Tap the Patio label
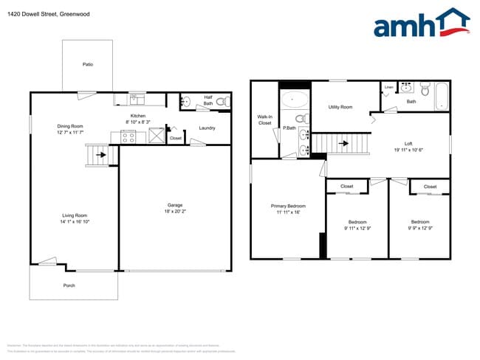pyautogui.click(x=87, y=65)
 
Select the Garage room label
pyautogui.click(x=175, y=205)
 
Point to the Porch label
pyautogui.click(x=69, y=285)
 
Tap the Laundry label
pyautogui.click(x=208, y=128)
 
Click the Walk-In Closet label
pyautogui.click(x=264, y=120)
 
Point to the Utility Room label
pyautogui.click(x=340, y=108)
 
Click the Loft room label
pyautogui.click(x=408, y=143)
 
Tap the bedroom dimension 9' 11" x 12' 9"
pyautogui.click(x=357, y=228)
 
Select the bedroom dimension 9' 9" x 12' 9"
pyautogui.click(x=420, y=228)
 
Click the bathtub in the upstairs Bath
pyautogui.click(x=442, y=96)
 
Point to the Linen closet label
pyautogui.click(x=389, y=88)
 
